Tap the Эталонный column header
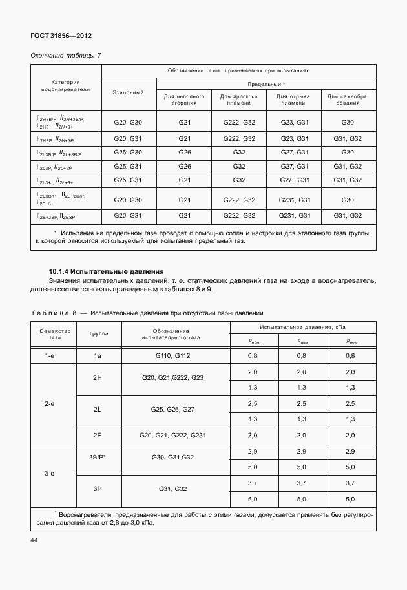pyautogui.click(x=128, y=92)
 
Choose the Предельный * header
pyautogui.click(x=266, y=84)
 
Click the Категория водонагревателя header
pyautogui.click(x=65, y=86)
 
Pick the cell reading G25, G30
pyautogui.click(x=128, y=153)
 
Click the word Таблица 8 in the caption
pyautogui.click(x=54, y=313)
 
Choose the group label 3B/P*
pyautogui.click(x=98, y=458)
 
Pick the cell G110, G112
pyautogui.click(x=172, y=355)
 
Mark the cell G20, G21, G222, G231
pyautogui.click(x=172, y=436)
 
